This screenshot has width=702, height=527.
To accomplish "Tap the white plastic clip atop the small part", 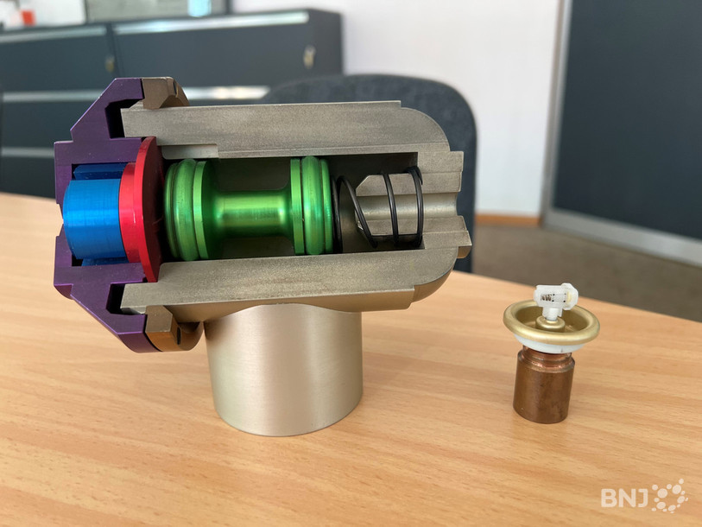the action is [x=554, y=299].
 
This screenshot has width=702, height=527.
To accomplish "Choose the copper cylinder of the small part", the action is [x=543, y=386].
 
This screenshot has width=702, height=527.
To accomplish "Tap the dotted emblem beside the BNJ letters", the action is [x=670, y=496].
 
